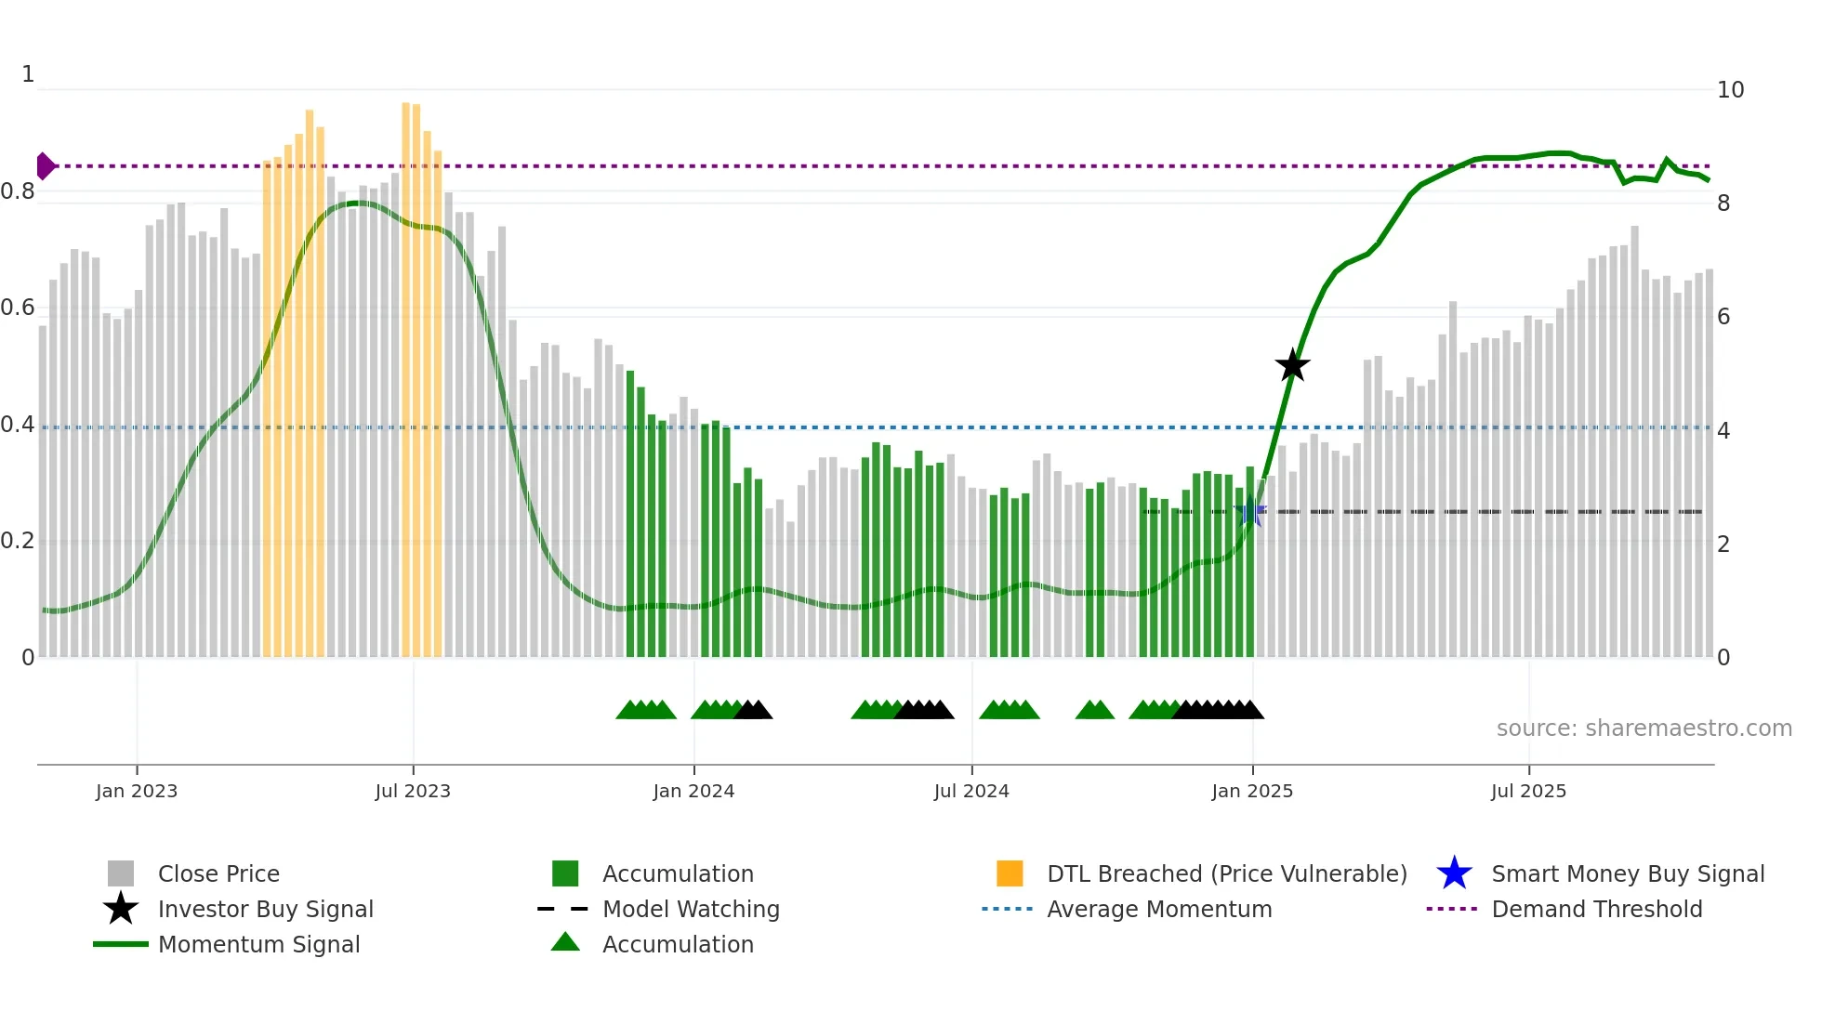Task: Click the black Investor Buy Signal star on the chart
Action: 1292,366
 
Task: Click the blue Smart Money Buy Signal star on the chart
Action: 1251,512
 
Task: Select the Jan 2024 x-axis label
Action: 693,792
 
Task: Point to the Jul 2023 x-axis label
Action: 413,792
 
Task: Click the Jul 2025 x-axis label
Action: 1528,792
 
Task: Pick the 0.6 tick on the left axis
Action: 19,308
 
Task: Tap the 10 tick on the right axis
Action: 1730,90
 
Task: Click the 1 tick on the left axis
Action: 28,74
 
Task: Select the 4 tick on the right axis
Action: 1723,431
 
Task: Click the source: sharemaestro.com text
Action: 1644,729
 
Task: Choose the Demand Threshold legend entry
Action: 1596,910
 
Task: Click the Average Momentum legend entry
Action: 1158,910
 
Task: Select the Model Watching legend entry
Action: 691,910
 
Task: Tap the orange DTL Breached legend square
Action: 1010,873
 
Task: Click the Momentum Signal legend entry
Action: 258,945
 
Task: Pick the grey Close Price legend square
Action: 121,873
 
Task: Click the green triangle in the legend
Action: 565,943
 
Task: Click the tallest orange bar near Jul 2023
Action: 406,372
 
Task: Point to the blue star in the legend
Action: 1454,873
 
